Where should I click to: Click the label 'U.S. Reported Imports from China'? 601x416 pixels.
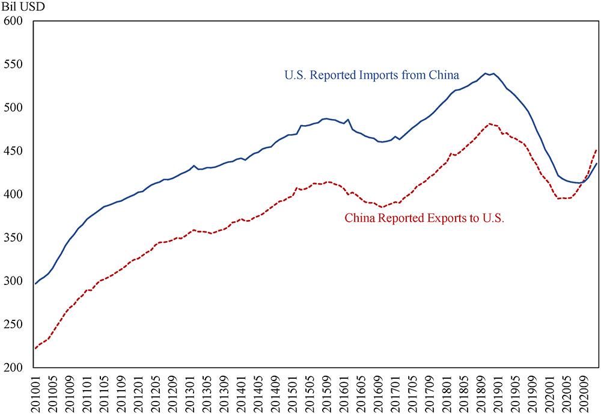(x=371, y=76)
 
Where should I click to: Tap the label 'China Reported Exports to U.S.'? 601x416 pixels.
(x=424, y=218)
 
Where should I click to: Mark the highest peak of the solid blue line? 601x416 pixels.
(x=486, y=73)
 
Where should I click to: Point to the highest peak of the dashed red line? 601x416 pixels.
(x=490, y=124)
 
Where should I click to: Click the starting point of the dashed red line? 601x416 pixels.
(x=35, y=349)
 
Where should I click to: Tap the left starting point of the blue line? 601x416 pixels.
(x=35, y=284)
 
